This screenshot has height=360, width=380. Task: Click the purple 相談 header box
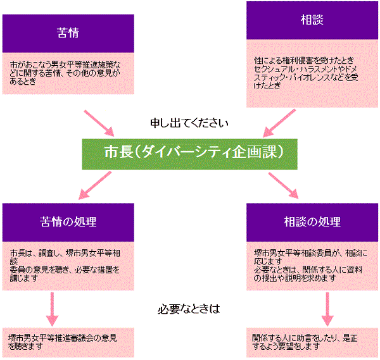pos(312,21)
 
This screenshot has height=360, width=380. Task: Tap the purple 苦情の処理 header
pos(68,220)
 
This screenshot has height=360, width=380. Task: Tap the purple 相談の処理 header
pos(312,221)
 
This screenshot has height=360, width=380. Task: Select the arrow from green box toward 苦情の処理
pos(91,185)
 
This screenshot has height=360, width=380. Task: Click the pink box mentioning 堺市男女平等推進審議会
pos(68,342)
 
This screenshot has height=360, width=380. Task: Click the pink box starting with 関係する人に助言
pos(312,342)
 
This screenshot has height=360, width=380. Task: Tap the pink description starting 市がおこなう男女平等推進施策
pos(68,73)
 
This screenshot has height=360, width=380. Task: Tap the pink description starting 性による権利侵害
pos(312,73)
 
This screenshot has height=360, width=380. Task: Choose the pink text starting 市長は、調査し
pos(68,263)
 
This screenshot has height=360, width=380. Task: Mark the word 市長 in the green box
pos(118,152)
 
